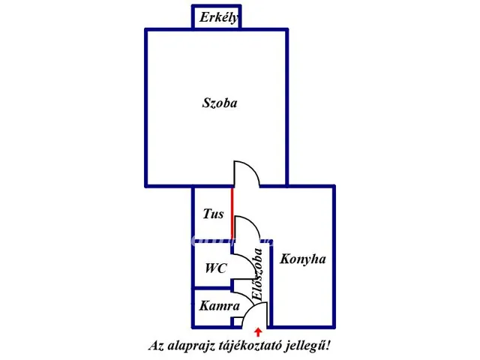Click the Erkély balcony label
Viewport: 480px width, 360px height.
[219, 17]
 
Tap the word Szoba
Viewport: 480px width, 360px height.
[220, 103]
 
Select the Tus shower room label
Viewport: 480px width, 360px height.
[213, 214]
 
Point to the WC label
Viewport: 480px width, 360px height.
[216, 268]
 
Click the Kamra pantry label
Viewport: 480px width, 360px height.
[219, 306]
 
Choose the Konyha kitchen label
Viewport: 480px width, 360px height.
[303, 259]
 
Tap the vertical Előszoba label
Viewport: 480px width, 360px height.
[257, 274]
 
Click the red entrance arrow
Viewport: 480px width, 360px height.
[258, 332]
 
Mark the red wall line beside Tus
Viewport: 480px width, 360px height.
[232, 214]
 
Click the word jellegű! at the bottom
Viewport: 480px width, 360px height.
[308, 346]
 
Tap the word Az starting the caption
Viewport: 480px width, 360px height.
[156, 346]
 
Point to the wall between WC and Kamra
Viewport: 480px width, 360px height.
[211, 288]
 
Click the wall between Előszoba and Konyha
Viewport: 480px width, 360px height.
[271, 285]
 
